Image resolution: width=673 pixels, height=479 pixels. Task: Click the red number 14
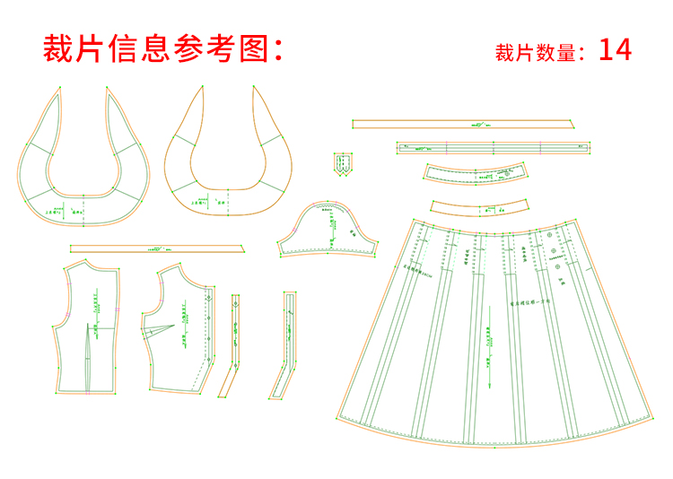coord(615,49)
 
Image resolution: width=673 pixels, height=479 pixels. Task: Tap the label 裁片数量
coord(535,53)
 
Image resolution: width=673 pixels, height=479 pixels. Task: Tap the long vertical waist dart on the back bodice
coord(90,359)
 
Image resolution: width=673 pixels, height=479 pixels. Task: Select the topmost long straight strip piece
coord(464,125)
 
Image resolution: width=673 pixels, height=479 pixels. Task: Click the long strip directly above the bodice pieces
coord(157,248)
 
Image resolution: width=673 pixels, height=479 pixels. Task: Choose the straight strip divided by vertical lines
coord(493,147)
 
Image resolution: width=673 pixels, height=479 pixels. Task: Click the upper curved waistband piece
coord(476,173)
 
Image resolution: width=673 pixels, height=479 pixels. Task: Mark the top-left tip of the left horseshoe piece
coord(59,87)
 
